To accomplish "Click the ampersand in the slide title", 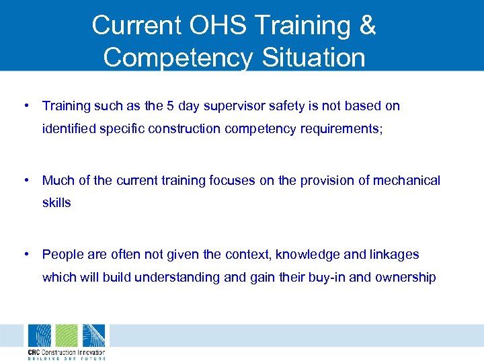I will (x=366, y=26).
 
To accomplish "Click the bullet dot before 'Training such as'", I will (x=25, y=106).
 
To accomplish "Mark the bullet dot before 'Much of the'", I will (x=25, y=180).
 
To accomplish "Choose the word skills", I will (x=56, y=202).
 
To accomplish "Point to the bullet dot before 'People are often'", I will (x=25, y=254).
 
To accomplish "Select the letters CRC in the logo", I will (x=34, y=352).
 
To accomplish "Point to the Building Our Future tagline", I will (x=66, y=358).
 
